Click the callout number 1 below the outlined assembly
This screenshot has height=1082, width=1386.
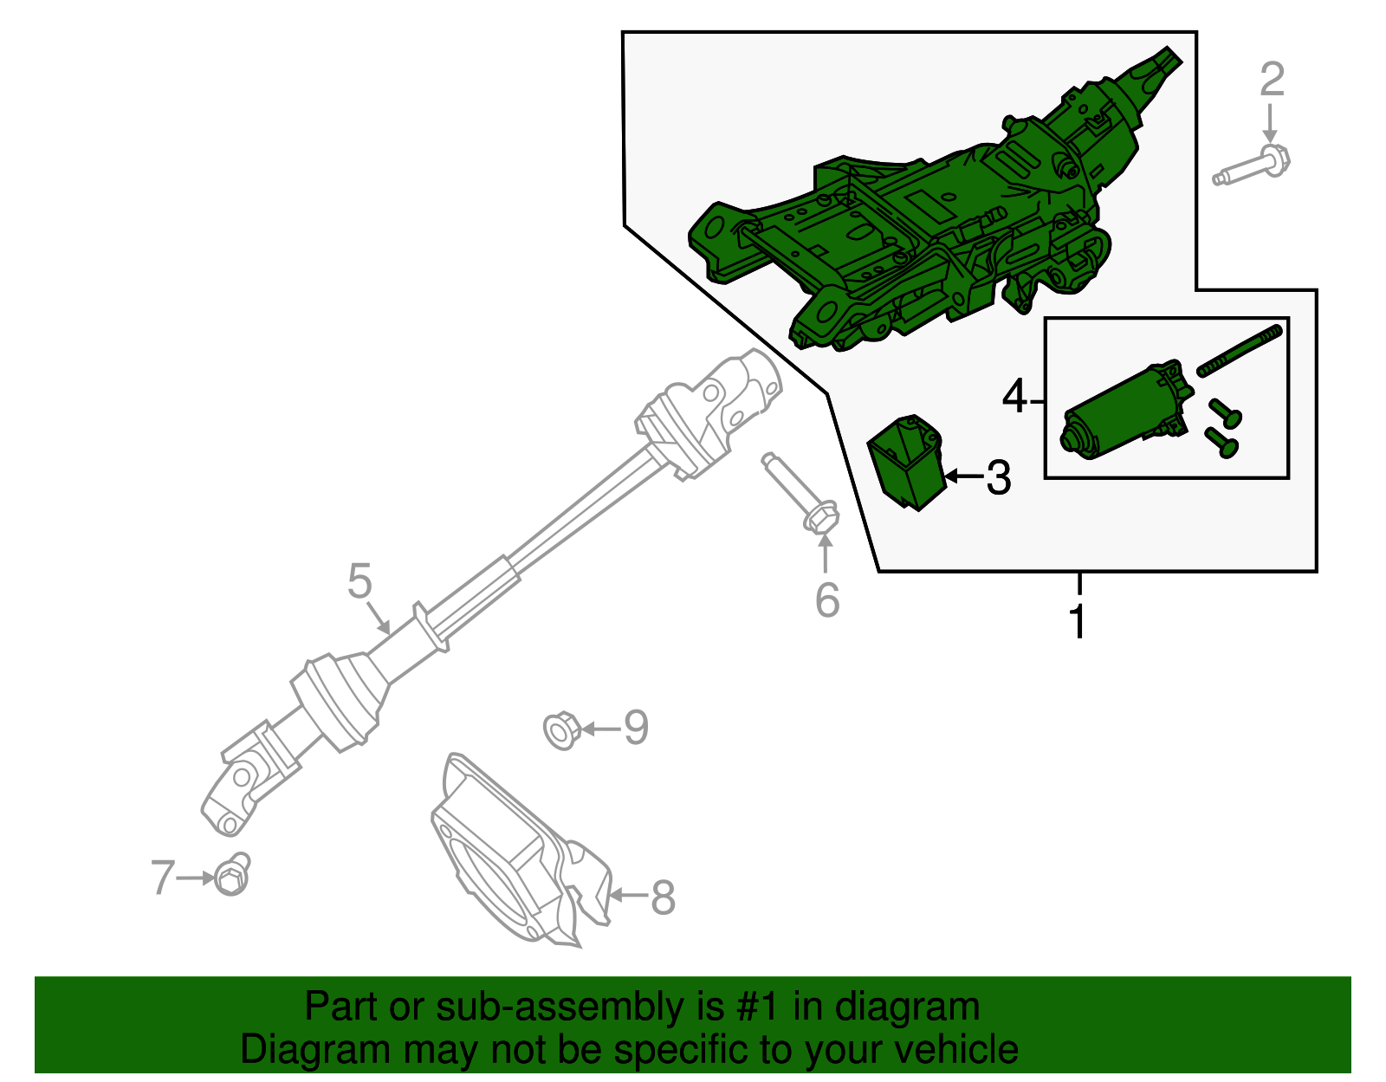click(1078, 621)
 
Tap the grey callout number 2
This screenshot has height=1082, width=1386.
click(1271, 80)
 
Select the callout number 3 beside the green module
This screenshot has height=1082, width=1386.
click(999, 478)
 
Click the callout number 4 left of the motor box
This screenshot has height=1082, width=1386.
click(1014, 398)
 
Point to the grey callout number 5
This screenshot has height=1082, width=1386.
click(359, 581)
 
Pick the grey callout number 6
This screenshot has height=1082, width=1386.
click(827, 600)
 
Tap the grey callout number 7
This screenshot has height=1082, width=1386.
click(163, 878)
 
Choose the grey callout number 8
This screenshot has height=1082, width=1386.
click(663, 897)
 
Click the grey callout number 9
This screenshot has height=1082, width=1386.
click(636, 728)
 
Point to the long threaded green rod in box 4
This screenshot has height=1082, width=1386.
click(1239, 349)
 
